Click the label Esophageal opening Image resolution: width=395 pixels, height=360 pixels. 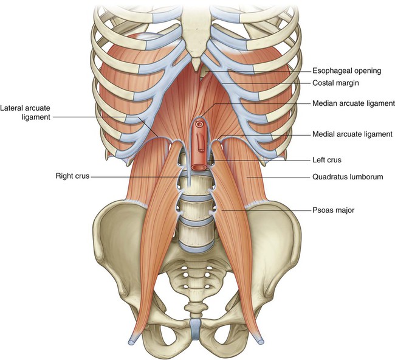[x=346, y=71]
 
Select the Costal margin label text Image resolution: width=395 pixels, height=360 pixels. [x=335, y=83]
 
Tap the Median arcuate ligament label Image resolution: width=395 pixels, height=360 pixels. [x=354, y=103]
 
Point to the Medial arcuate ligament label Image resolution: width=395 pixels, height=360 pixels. [x=352, y=134]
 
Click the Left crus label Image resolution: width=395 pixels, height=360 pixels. [x=327, y=160]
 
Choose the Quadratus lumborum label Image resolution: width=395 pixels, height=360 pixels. [x=348, y=177]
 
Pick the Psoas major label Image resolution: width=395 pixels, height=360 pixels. [x=333, y=210]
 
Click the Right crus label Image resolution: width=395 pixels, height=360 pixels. [x=72, y=176]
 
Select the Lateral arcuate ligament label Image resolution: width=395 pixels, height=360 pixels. [x=25, y=112]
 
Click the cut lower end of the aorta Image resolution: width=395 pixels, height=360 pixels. [x=199, y=167]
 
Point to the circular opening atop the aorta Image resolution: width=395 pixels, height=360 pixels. [x=199, y=124]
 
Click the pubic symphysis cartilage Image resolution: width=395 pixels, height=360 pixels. [x=195, y=328]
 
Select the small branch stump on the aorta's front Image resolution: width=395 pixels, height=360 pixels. [x=201, y=150]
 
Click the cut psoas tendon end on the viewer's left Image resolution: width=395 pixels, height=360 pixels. [x=132, y=341]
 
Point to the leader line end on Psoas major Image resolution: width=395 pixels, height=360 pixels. [x=222, y=210]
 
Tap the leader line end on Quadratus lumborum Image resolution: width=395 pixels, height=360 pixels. [x=247, y=177]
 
